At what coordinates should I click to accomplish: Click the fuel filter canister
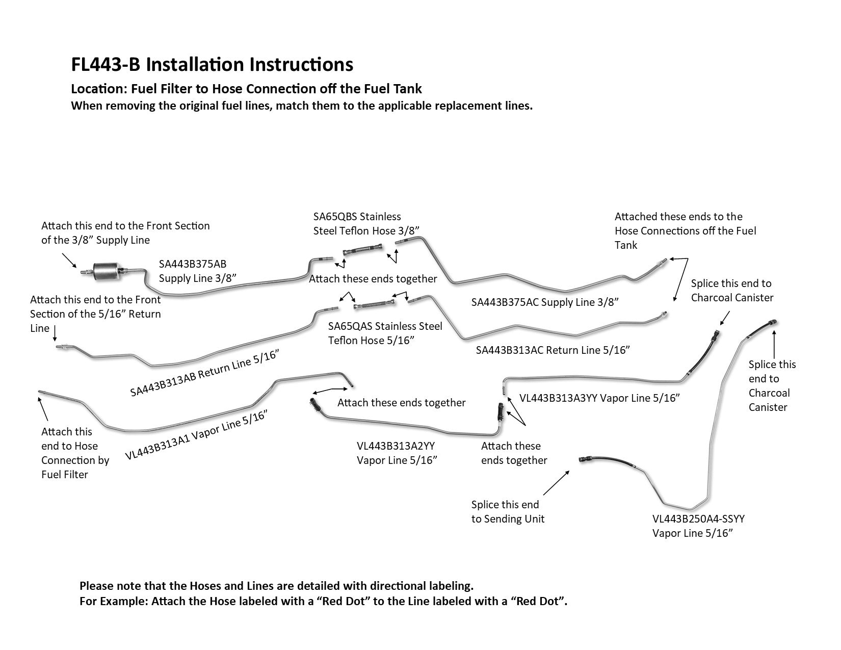coord(109,269)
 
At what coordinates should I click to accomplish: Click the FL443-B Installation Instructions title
coord(212,65)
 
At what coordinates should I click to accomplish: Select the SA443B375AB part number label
coord(193,264)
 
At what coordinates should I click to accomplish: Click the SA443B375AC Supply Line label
coord(544,302)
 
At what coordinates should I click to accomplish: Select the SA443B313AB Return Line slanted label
coord(206,374)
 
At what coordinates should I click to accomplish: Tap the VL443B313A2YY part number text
coord(396,446)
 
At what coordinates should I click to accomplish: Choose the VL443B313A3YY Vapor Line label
coord(599,398)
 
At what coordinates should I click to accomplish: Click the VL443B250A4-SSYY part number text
coord(698,519)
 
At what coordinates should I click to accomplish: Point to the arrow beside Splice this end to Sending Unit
coord(557,483)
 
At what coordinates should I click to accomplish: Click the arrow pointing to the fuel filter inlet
coord(70,261)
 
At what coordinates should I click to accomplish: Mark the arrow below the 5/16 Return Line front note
coord(55,334)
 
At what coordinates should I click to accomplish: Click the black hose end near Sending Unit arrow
coord(586,460)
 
